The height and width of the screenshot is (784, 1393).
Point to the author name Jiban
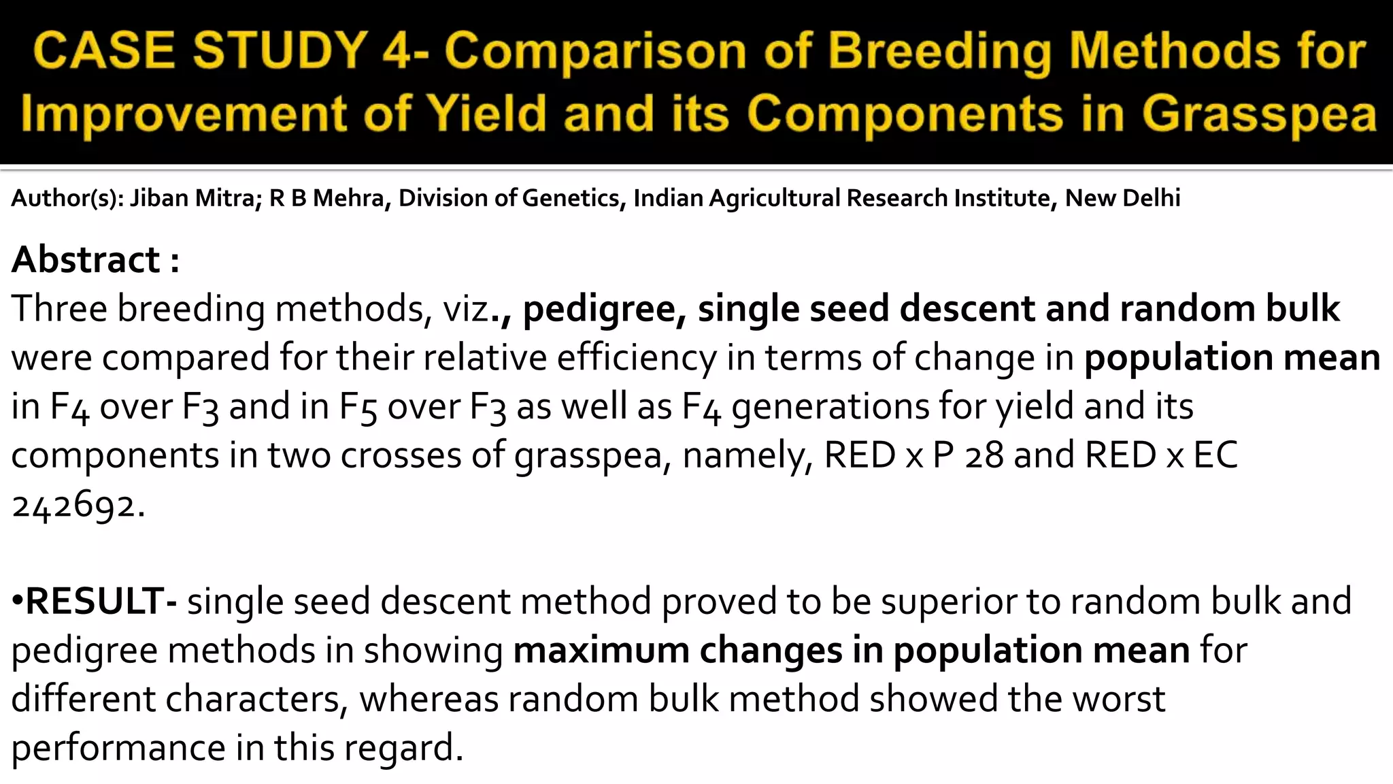coord(159,198)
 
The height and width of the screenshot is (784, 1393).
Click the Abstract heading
coord(86,260)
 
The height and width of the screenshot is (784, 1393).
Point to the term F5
coord(358,407)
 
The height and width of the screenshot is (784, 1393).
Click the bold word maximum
coord(601,651)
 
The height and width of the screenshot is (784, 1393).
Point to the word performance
coord(118,748)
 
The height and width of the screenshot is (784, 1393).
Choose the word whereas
coord(429,700)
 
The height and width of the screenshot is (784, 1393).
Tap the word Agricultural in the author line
coord(774,198)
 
